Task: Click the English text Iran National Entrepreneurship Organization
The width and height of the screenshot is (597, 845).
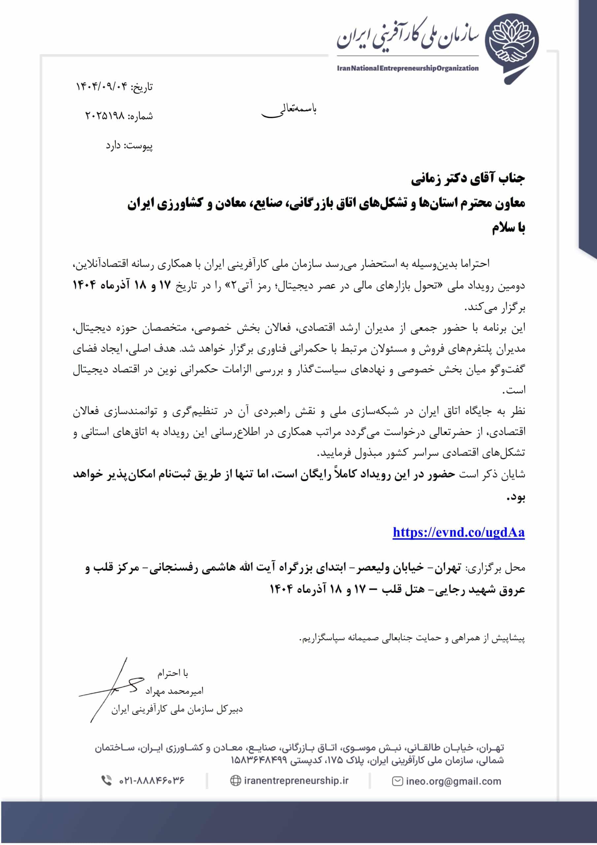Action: tap(408, 68)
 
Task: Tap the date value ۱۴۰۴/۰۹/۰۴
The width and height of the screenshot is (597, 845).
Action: tap(102, 87)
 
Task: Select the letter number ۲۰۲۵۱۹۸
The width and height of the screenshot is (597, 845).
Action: tap(105, 116)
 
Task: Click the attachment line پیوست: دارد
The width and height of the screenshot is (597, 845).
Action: tap(129, 146)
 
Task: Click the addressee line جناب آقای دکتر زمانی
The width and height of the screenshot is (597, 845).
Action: tap(467, 179)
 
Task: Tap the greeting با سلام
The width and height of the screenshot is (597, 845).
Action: tap(508, 228)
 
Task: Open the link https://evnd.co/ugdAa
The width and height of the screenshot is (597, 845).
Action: tap(458, 532)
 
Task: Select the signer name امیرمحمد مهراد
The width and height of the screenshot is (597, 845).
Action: tap(174, 691)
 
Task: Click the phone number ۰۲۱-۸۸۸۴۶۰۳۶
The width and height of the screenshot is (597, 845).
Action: tap(151, 780)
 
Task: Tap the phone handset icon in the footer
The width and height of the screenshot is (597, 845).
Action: tap(106, 780)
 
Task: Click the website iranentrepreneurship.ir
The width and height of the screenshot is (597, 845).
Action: tap(296, 780)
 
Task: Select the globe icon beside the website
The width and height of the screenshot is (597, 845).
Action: tap(235, 781)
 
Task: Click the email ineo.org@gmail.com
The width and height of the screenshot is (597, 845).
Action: tap(453, 781)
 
